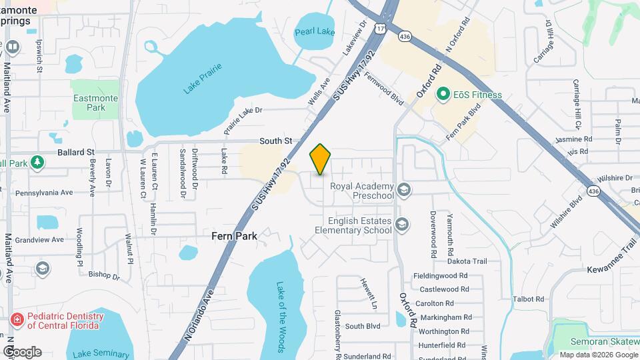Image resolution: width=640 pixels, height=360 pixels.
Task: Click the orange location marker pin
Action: point(320,159)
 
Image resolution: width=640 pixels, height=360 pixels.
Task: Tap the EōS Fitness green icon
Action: point(442,95)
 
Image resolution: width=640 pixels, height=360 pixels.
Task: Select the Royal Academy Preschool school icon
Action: point(403,191)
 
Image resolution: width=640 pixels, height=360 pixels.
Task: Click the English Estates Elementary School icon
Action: point(401,223)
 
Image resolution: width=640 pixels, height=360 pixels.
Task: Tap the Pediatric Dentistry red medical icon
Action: point(16,321)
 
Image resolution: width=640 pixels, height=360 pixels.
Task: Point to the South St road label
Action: point(276,141)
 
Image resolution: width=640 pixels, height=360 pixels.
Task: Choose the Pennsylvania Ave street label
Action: point(45,193)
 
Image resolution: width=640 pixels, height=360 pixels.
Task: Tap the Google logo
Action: point(22,351)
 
